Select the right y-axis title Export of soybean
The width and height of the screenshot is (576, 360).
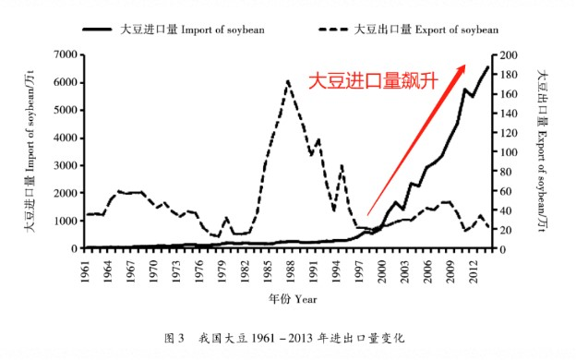(x=543, y=152)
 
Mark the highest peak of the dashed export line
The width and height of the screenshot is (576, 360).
(x=288, y=81)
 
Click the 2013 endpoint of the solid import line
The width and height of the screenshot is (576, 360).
(x=487, y=66)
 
